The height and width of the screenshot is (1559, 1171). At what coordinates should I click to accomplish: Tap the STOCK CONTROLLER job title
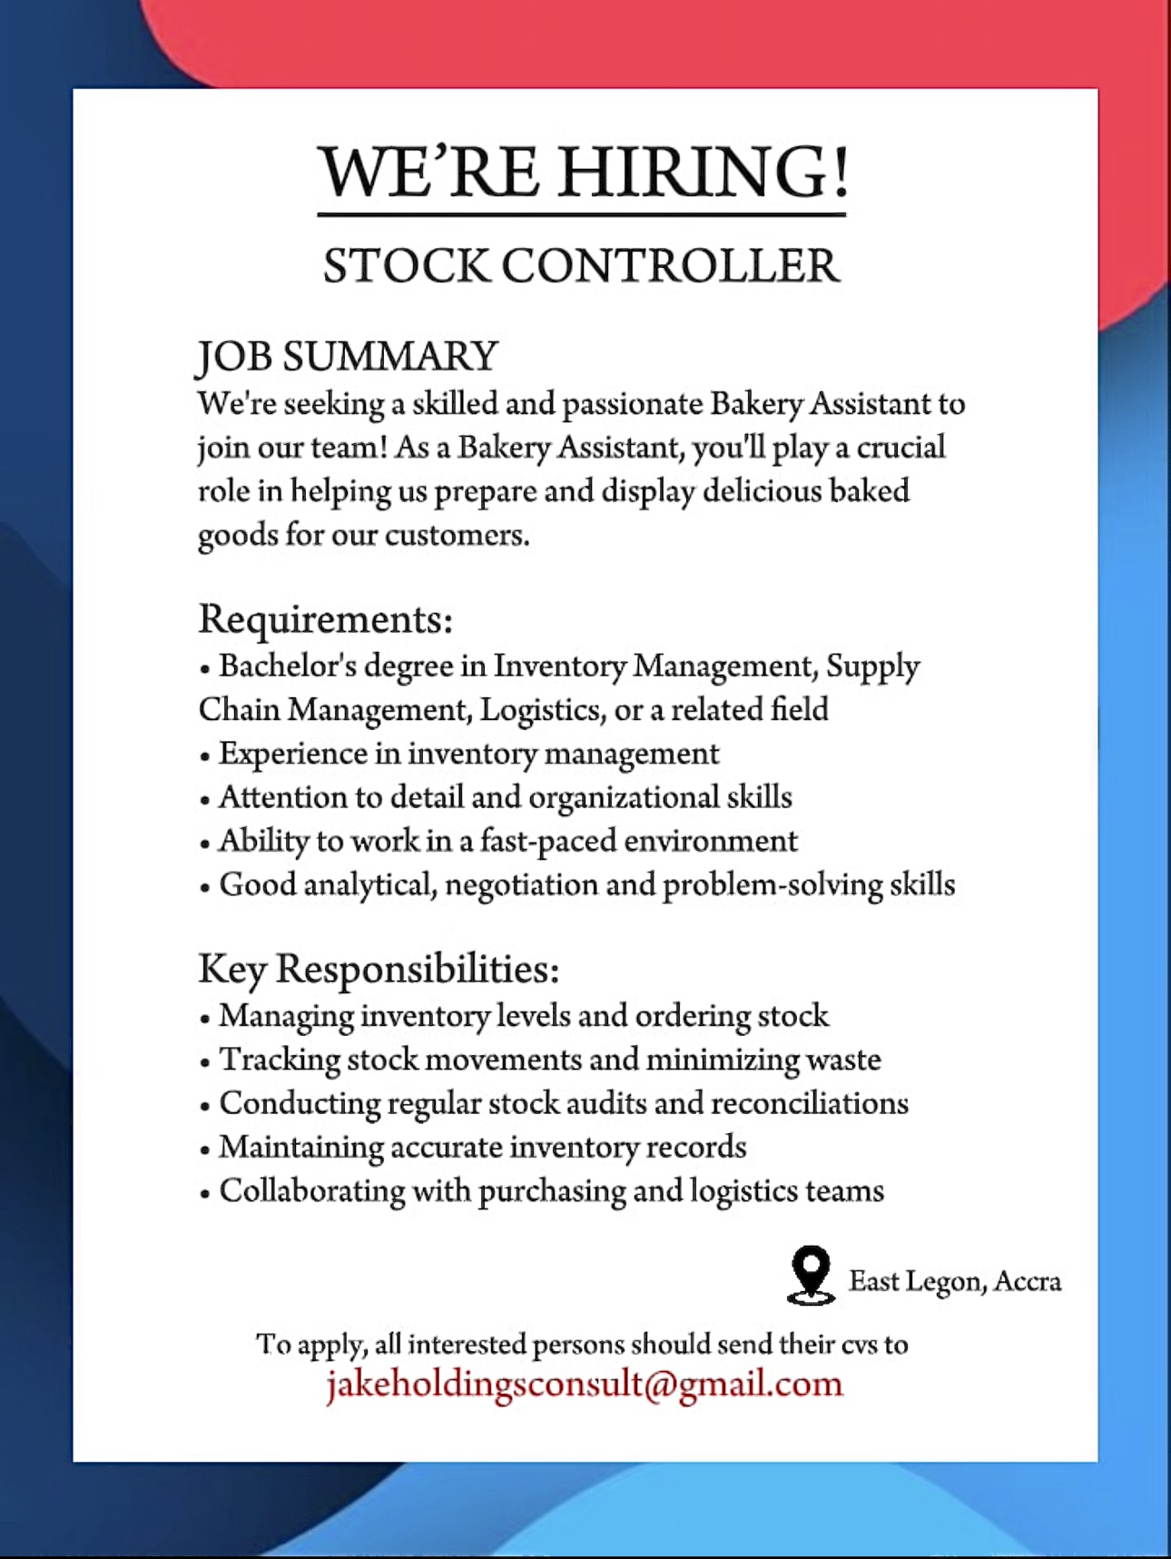[x=581, y=266]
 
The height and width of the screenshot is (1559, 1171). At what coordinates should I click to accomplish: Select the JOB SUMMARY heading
[x=348, y=356]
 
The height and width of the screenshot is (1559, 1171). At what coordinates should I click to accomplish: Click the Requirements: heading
[x=325, y=619]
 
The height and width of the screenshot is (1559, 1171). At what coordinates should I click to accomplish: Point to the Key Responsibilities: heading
[x=379, y=969]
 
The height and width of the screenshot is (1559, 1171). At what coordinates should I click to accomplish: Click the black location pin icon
[x=810, y=1274]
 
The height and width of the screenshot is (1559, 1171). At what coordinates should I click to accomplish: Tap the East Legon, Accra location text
[x=954, y=1281]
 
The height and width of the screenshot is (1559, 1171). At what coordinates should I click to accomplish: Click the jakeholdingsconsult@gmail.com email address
[x=585, y=1384]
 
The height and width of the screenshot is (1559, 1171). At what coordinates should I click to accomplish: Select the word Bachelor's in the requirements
[x=288, y=666]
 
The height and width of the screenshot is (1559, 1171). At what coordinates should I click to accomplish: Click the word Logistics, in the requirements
[x=542, y=710]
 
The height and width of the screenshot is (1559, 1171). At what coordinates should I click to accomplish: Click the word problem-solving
[x=772, y=885]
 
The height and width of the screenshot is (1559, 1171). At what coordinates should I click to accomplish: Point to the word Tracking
[x=279, y=1061]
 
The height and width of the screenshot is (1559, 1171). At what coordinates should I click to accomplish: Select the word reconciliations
[x=810, y=1104]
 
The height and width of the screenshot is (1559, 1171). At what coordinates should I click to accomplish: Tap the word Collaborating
[x=312, y=1191]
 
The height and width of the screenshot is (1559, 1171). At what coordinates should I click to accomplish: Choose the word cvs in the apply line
[x=859, y=1345]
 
